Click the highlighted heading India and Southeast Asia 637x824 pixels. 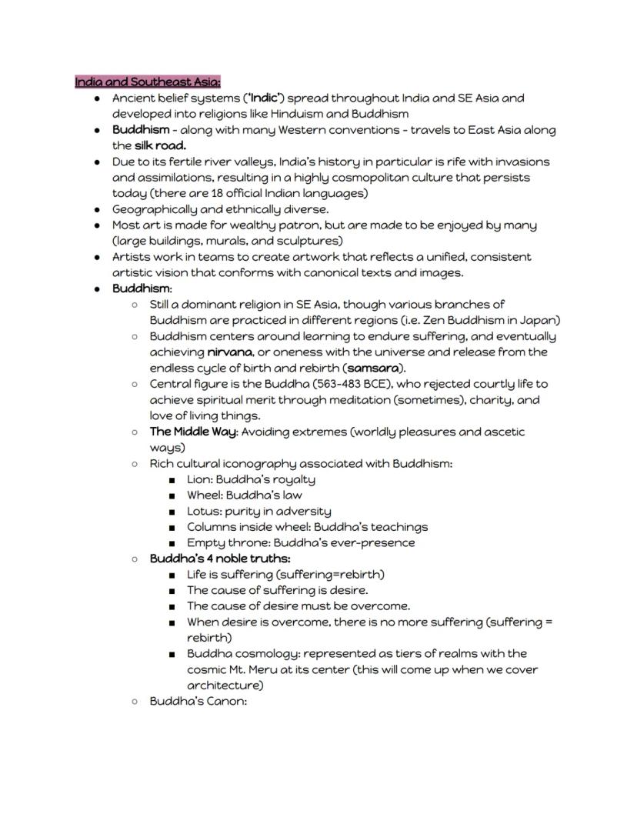pos(148,82)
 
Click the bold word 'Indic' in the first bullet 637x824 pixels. pos(263,98)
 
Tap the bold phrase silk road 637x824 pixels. pos(160,145)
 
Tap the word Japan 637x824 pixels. pos(540,320)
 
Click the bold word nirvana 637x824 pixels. pos(230,352)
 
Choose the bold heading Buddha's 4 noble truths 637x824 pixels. pos(219,559)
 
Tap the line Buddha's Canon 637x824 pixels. pos(198,701)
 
